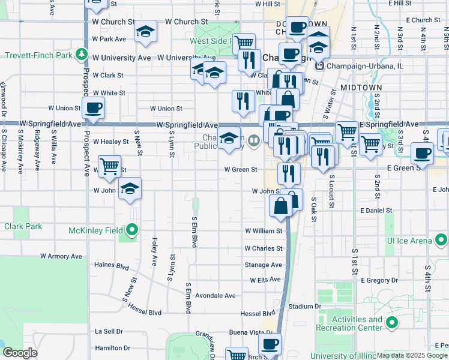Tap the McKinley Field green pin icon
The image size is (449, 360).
132,230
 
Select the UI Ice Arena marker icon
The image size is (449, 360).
441,241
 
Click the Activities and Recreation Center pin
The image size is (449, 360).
393,324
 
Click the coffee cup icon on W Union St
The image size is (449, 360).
93,108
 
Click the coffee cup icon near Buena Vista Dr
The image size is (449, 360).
270,344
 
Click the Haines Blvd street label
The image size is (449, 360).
112,265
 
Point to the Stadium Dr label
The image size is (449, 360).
304,306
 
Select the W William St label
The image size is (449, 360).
264,230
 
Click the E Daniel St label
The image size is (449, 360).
376,211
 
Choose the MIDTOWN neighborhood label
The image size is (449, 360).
361,88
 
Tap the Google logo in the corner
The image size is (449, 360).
20,353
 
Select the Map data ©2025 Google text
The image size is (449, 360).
411,356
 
